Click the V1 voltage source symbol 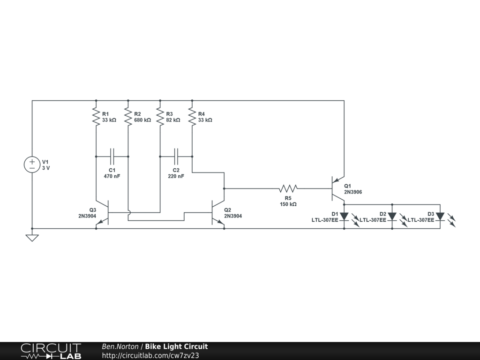point(32,165)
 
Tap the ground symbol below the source point(32,238)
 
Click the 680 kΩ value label point(142,120)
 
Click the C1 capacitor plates point(112,157)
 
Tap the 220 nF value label point(176,176)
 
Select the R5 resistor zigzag point(288,188)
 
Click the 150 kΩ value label point(288,204)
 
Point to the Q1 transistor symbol point(338,189)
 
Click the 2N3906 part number point(353,192)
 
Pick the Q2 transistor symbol point(218,213)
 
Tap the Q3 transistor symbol point(102,213)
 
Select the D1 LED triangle point(345,217)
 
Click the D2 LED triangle point(392,217)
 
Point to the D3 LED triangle point(440,217)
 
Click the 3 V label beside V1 point(46,168)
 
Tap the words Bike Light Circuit point(176,346)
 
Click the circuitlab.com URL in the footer point(150,355)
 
